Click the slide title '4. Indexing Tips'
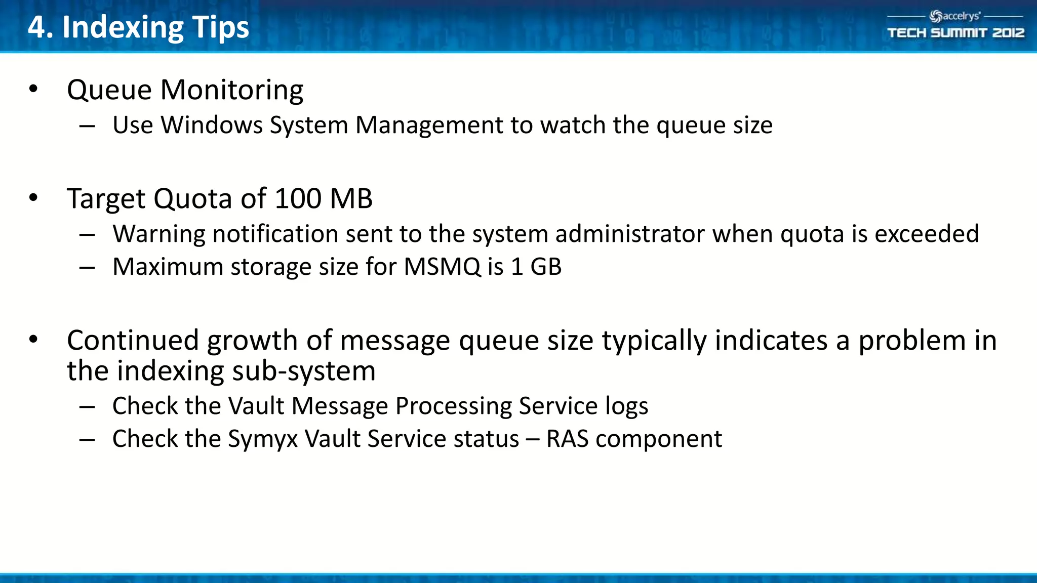(x=138, y=27)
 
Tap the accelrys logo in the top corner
(x=955, y=16)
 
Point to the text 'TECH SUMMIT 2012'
(x=955, y=33)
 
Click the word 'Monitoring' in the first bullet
(x=232, y=91)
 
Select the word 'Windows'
(x=212, y=125)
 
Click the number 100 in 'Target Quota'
(x=298, y=198)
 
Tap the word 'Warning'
(x=159, y=234)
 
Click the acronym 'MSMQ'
(x=442, y=267)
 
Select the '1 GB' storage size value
(x=536, y=267)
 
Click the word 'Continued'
(x=133, y=340)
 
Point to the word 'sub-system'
(x=304, y=371)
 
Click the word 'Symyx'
(x=263, y=439)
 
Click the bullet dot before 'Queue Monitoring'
(x=33, y=89)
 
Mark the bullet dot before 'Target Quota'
(x=33, y=198)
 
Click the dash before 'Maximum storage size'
(x=87, y=267)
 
